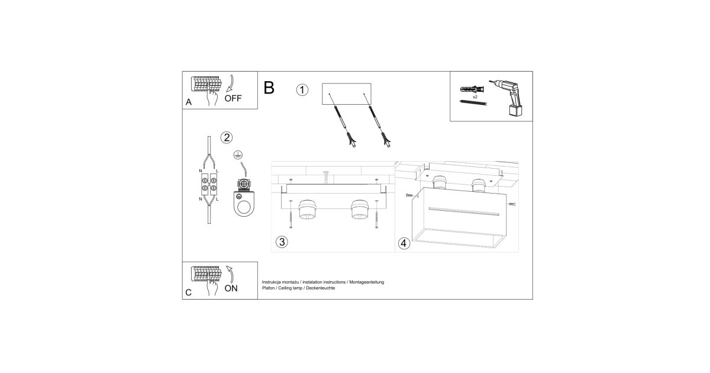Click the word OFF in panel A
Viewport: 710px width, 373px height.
[x=233, y=98]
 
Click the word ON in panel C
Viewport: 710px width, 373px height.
[x=231, y=288]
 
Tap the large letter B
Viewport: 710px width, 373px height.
[x=269, y=88]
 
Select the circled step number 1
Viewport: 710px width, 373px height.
[x=302, y=90]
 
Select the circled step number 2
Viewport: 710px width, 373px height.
[x=227, y=137]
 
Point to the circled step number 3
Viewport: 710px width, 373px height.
[x=282, y=242]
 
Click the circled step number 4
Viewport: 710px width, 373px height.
[x=404, y=243]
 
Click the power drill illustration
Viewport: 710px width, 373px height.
[x=507, y=97]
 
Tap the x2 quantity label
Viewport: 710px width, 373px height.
[x=475, y=97]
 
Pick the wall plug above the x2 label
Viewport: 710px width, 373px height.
[x=472, y=89]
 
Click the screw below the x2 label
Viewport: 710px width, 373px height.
[x=473, y=103]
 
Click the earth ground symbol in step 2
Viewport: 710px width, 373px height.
[x=238, y=155]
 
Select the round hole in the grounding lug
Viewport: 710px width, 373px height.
[x=244, y=208]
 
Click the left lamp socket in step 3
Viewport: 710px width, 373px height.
[x=307, y=210]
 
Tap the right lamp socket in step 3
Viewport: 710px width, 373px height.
[x=360, y=210]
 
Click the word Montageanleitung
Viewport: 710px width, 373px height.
[x=366, y=282]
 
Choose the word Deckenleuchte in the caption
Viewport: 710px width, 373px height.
[x=321, y=288]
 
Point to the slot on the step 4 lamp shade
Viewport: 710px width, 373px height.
[x=464, y=211]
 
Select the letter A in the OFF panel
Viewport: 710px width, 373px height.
[x=189, y=102]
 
